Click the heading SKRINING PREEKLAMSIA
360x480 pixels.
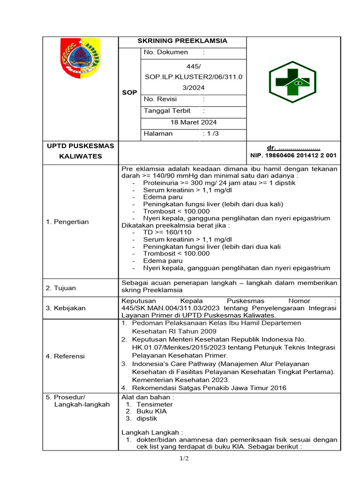[x=182, y=41]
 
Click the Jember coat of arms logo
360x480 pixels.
[x=80, y=58]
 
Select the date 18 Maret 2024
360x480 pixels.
[x=193, y=122]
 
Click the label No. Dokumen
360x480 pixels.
[x=166, y=52]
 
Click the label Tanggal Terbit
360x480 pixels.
[x=167, y=111]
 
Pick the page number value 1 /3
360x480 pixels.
[x=211, y=134]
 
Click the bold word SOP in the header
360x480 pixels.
[x=129, y=92]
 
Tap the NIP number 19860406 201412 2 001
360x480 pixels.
[x=293, y=155]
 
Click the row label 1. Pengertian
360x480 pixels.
[x=67, y=222]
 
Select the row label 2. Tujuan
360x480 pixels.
[x=61, y=288]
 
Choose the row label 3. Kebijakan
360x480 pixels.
[x=66, y=308]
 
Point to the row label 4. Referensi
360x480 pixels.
[x=66, y=356]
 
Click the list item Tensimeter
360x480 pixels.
[x=154, y=404]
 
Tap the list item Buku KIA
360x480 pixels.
[x=151, y=411]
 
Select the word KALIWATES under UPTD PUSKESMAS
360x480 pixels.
[x=80, y=156]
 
